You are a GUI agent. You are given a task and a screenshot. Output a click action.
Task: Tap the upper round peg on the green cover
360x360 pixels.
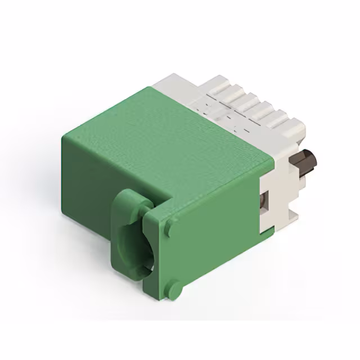tap(169, 228)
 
